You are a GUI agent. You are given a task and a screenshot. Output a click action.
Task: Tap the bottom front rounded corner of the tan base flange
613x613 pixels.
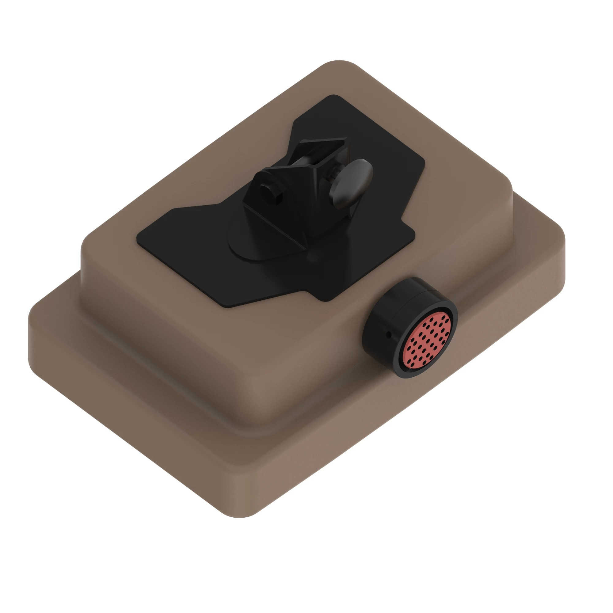coord(241,516)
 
